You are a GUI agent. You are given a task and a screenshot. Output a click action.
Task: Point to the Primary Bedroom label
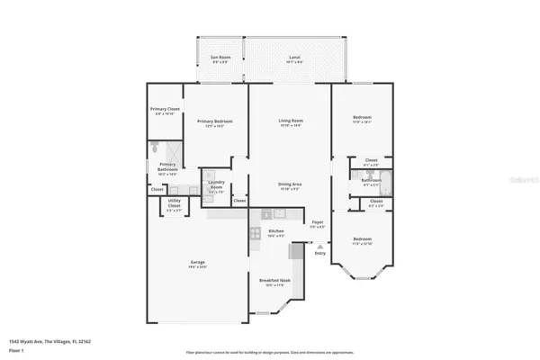[x=215, y=122]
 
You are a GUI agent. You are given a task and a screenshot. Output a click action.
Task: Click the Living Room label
[x=291, y=122]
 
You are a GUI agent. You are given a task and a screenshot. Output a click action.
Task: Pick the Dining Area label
[x=290, y=185]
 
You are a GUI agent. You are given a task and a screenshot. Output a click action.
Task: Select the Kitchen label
[x=275, y=232]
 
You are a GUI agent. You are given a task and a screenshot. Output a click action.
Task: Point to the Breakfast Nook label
[x=275, y=283]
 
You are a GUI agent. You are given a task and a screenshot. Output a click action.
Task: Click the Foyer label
[x=317, y=224]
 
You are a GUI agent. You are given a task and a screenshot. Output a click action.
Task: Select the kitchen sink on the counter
[x=279, y=213]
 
